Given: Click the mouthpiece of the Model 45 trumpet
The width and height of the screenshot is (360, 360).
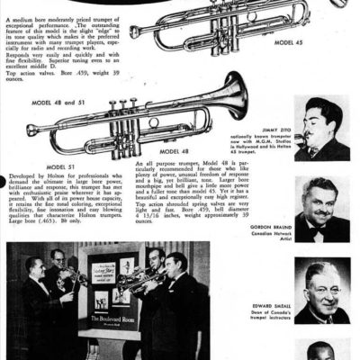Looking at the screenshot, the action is [x=134, y=31].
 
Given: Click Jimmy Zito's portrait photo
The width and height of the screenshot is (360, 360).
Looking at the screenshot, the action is [x=321, y=127].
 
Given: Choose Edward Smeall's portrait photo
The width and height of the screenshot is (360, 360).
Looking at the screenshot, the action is [x=321, y=290].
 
